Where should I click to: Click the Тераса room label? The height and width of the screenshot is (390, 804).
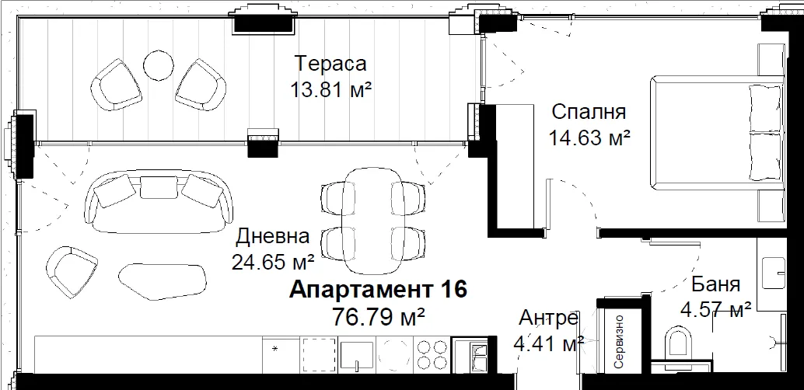tap(331, 64)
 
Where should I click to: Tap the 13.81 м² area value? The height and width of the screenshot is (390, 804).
tap(330, 91)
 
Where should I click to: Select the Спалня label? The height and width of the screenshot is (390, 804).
tap(589, 112)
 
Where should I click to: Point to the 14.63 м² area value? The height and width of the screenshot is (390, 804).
tap(589, 138)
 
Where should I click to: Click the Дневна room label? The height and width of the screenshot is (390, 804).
tap(273, 237)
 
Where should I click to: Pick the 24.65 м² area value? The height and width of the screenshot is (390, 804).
tap(273, 263)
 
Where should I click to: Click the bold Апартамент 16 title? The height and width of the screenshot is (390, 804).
tap(379, 290)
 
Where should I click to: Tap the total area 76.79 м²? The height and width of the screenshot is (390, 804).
tap(379, 316)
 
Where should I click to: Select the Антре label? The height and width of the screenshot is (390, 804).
tap(549, 319)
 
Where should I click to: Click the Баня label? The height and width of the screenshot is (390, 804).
tap(715, 284)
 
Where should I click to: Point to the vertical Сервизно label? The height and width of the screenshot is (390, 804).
tap(619, 342)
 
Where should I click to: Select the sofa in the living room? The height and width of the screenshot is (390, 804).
tap(159, 202)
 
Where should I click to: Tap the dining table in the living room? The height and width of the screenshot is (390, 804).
tap(373, 221)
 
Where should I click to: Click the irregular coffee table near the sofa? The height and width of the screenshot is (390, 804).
tap(163, 281)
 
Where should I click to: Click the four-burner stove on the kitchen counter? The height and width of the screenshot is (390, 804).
tap(432, 354)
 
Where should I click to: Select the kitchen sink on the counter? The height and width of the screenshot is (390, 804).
tap(358, 354)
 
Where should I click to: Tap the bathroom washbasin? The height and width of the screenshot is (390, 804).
tap(774, 273)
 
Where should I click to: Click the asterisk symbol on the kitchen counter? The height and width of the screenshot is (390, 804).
tap(274, 350)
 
